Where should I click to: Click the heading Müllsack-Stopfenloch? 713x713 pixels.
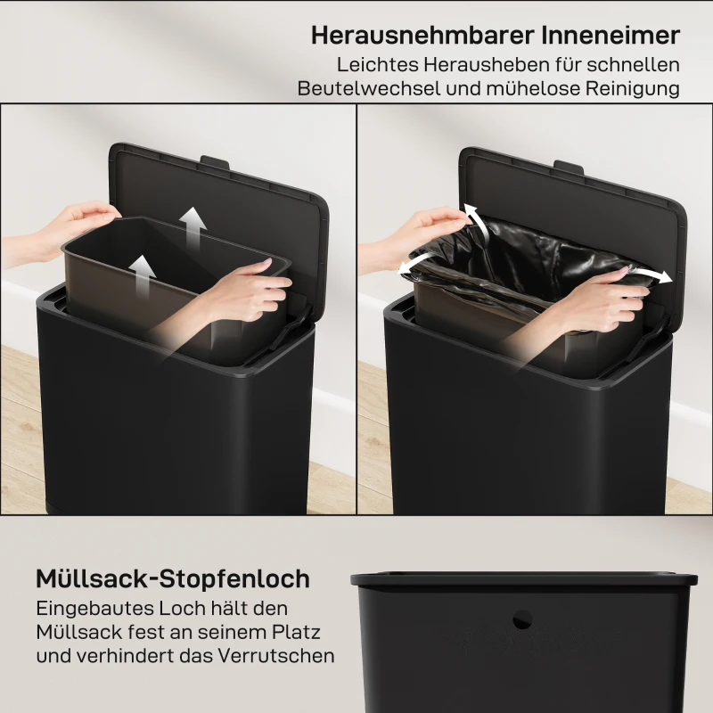(x=173, y=578)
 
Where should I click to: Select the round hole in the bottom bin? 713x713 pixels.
(x=523, y=617)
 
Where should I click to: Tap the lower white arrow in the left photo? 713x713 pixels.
(x=142, y=269)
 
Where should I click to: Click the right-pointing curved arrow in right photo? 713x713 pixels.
(x=652, y=274)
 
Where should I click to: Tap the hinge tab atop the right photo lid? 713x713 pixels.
(x=568, y=166)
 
